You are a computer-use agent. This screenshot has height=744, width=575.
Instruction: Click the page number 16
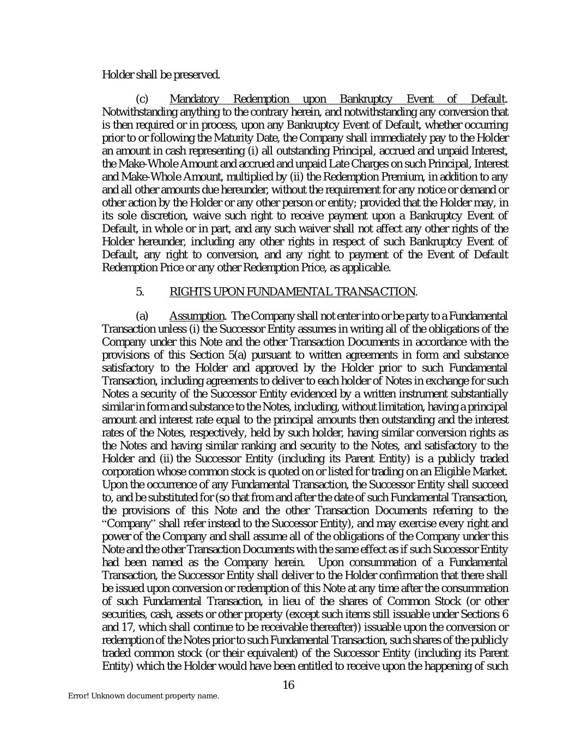(288, 685)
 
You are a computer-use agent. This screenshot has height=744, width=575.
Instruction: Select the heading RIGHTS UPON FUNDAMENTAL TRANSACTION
(292, 292)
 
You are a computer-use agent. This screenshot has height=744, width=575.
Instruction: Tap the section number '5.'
(140, 292)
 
